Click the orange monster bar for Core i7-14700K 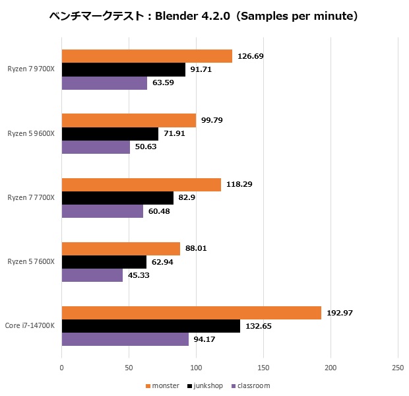(191, 313)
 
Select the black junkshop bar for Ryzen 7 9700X (123, 69)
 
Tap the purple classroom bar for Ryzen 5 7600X (92, 275)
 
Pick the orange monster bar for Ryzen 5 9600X (129, 120)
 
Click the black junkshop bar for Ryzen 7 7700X (117, 198)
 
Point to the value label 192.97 (340, 313)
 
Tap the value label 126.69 (251, 56)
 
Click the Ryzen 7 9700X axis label (31, 69)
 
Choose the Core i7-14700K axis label (29, 326)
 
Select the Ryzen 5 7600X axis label (31, 262)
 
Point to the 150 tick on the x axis (263, 368)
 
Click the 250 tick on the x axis (397, 368)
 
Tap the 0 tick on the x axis (62, 368)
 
